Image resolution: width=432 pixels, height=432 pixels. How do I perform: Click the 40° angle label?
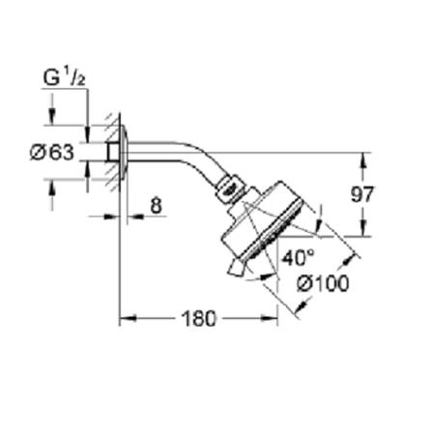[x=298, y=258]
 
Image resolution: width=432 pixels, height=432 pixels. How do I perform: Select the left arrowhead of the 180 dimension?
[x=125, y=317]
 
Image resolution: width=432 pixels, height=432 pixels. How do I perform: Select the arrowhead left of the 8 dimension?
[x=112, y=216]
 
